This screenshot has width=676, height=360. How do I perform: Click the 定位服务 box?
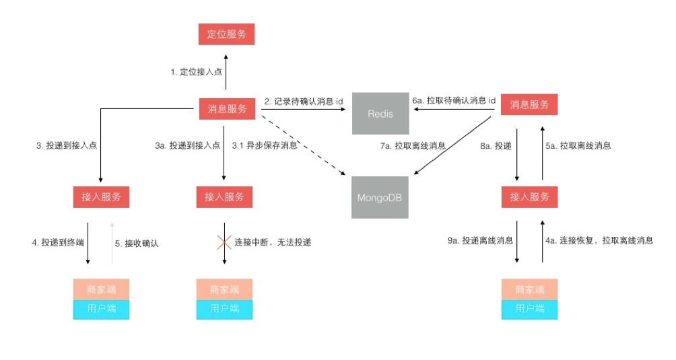(226, 34)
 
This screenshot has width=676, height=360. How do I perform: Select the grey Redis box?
(380, 114)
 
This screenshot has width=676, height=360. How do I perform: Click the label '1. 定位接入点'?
(196, 71)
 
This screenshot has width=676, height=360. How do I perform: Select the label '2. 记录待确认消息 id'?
(304, 101)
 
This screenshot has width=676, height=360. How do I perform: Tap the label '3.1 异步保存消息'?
(265, 145)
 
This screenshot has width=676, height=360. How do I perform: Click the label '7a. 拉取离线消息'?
(412, 145)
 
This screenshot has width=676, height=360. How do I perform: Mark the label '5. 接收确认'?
(137, 244)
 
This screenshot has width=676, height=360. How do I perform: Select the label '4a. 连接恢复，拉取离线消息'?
(599, 240)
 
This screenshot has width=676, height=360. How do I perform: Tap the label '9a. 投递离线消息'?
(479, 240)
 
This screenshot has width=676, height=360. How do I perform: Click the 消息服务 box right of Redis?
(529, 105)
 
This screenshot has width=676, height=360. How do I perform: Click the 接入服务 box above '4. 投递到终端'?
(101, 197)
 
